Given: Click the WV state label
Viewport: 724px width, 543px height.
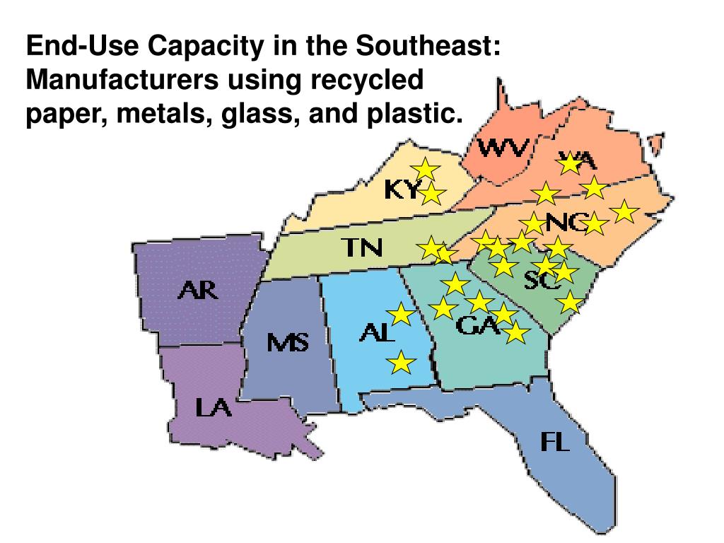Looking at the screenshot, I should pos(503,148).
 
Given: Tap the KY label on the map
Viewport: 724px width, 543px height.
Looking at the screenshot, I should pos(401,189).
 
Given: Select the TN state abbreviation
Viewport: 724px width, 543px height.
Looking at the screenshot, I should pos(362,247).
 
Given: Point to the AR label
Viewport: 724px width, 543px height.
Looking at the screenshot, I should pos(197,290).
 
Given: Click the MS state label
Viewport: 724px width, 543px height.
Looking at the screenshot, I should pos(287,344).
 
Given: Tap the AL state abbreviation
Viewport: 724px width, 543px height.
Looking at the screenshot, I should pos(377,332).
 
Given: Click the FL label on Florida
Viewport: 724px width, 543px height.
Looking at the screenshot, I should pos(555,442).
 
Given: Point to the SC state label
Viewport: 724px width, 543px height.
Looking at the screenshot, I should pos(542,281).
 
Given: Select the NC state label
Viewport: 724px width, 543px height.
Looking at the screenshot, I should pos(566,223).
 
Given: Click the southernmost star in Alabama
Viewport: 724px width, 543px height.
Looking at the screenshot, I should pos(402,363).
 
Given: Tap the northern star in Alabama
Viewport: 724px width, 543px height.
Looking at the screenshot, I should pos(401,314).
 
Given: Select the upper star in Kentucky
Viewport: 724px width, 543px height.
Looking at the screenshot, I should pos(426,169).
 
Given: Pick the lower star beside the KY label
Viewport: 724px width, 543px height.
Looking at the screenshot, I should pos(432,193).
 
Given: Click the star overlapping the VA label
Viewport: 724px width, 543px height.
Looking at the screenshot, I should pos(569,164).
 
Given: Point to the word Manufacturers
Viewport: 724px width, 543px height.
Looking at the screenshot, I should pos(122,79).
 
